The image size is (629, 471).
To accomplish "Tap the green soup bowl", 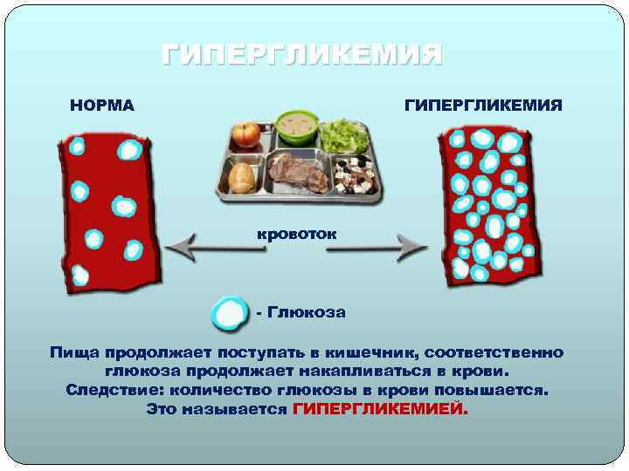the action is [295, 127].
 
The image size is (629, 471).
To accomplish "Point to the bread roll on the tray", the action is [242, 178].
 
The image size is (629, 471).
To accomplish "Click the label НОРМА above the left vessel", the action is [102, 106].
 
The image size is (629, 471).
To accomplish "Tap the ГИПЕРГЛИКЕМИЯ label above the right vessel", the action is [482, 106].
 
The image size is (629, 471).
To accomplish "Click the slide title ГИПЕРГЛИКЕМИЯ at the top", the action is [302, 57].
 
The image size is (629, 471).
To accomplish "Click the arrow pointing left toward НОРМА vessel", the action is [214, 248].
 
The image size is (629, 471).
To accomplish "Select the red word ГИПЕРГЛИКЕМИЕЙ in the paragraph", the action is [380, 409].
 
